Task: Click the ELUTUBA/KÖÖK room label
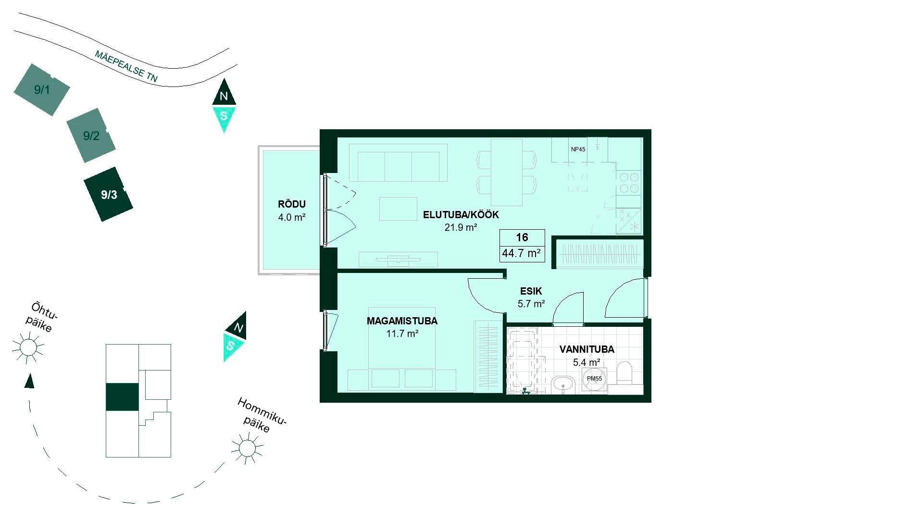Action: [461, 215]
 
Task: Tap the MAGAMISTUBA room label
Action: [402, 321]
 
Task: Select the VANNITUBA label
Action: [586, 349]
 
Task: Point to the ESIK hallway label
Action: [531, 291]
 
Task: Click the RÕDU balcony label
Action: [291, 204]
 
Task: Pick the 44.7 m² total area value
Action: [522, 253]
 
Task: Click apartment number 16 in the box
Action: [522, 237]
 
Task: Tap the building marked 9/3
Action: [109, 194]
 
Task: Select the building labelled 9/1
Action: [42, 89]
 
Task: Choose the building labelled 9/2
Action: [91, 136]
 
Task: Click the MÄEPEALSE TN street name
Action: [126, 66]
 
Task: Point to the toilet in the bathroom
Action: [624, 374]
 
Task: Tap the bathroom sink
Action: [563, 385]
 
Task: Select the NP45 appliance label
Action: [578, 149]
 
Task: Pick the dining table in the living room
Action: [507, 172]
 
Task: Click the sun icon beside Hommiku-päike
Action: [247, 448]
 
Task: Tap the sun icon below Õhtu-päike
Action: [28, 346]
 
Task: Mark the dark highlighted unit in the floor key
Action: [122, 397]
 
